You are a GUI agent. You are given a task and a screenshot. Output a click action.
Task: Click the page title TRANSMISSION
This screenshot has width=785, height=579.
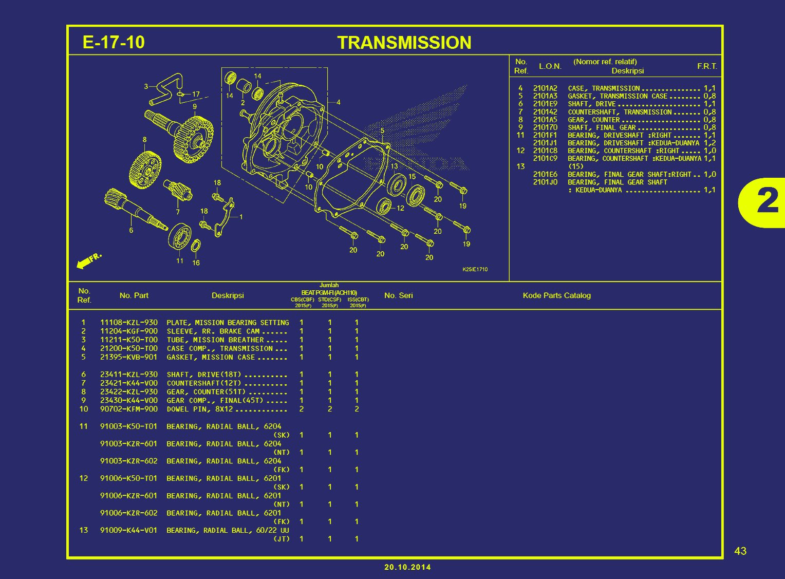click(404, 43)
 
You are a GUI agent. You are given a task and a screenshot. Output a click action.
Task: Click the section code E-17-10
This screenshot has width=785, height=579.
click(114, 42)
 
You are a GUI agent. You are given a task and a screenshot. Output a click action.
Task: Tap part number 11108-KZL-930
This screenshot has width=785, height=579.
click(128, 323)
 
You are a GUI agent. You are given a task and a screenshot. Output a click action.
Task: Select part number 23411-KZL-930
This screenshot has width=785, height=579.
click(128, 375)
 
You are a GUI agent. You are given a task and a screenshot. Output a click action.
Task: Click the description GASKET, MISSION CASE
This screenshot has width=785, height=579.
click(211, 357)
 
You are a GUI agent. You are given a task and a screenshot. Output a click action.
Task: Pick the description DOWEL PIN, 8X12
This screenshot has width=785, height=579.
click(200, 409)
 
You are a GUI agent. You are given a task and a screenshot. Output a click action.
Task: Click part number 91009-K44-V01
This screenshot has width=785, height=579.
click(128, 530)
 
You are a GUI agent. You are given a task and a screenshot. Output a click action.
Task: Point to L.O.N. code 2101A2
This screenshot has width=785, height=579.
click(545, 88)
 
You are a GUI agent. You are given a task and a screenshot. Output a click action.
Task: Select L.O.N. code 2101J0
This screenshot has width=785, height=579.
click(545, 182)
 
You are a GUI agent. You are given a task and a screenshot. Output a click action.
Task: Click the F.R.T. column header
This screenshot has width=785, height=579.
click(707, 66)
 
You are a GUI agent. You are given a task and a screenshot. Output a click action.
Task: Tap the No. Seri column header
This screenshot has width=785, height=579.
click(398, 295)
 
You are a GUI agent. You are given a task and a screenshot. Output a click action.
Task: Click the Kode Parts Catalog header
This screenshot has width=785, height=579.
click(556, 295)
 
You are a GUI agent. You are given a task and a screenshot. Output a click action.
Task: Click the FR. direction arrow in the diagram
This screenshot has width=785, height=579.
click(88, 260)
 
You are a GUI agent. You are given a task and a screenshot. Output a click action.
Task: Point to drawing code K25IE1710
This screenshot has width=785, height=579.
click(475, 269)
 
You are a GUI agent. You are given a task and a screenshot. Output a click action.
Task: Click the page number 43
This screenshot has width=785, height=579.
click(740, 551)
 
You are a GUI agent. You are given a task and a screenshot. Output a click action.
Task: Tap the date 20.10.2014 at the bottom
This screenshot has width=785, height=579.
click(407, 567)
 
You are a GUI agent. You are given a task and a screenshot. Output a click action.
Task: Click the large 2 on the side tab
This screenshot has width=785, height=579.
click(768, 202)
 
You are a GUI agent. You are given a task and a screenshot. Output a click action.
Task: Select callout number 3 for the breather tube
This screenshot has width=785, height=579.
click(146, 87)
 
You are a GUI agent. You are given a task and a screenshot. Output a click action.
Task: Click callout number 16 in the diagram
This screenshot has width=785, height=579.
click(196, 263)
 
